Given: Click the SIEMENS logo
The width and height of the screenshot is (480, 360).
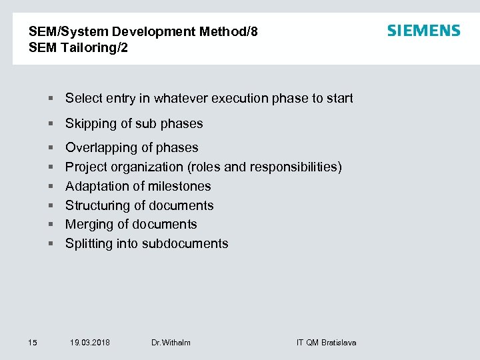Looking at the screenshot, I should click(x=423, y=31).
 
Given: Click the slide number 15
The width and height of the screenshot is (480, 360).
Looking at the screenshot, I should click(x=33, y=343).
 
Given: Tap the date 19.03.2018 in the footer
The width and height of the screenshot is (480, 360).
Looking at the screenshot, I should click(x=90, y=343).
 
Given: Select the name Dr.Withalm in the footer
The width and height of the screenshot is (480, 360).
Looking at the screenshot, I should click(x=171, y=343).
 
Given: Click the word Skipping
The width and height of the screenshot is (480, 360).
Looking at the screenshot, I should click(x=90, y=123).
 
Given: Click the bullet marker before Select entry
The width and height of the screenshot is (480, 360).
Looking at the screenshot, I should click(x=51, y=99).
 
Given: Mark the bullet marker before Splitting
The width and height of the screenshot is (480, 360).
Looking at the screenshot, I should click(x=51, y=244).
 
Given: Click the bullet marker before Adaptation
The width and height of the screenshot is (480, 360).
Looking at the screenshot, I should click(x=51, y=187).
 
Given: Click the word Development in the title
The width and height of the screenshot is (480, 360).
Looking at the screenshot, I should click(x=155, y=31).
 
